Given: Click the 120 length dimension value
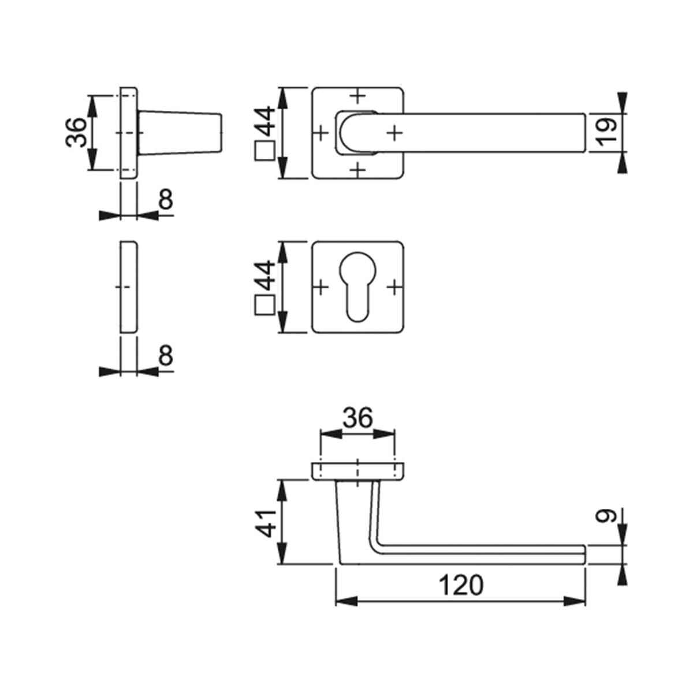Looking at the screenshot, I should click(x=461, y=585).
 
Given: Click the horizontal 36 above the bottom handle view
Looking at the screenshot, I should click(x=357, y=418).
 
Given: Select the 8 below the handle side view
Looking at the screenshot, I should click(x=166, y=200).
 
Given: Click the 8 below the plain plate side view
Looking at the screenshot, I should click(x=166, y=356).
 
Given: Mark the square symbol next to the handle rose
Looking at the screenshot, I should click(x=264, y=151).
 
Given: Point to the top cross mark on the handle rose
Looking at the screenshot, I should click(x=358, y=95).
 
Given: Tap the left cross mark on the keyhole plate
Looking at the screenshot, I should click(x=321, y=286).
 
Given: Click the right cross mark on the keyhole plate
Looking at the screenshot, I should click(x=394, y=286).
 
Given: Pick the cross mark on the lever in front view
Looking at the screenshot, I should click(x=394, y=133).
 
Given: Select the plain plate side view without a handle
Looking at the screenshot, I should click(x=129, y=287).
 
